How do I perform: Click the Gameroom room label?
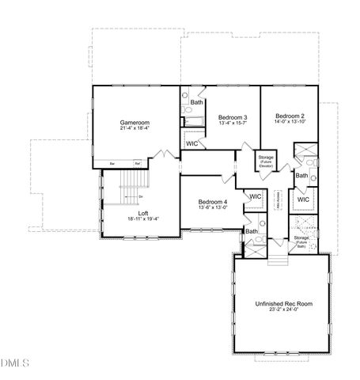point(135,123)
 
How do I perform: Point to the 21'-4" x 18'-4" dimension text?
point(135,128)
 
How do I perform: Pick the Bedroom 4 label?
point(213,203)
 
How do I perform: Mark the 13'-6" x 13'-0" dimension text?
point(213,208)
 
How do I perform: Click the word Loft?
point(143,213)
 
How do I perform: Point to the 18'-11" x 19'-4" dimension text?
point(143,219)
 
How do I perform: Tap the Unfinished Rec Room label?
point(282,303)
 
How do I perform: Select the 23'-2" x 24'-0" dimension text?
point(282,310)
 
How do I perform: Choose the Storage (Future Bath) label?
point(301,240)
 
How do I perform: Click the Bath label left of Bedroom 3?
point(196,102)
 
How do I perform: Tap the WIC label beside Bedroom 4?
point(255,196)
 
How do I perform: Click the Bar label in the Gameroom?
point(112,164)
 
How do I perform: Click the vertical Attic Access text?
point(279,201)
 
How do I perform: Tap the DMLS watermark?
point(14,364)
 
